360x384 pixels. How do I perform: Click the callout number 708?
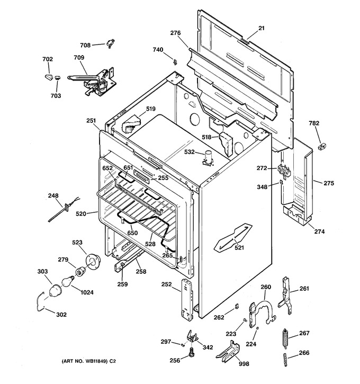click(85, 46)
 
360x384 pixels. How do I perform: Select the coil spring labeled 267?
click(285, 337)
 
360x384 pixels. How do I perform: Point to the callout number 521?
click(239, 248)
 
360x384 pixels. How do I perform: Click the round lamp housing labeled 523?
click(93, 262)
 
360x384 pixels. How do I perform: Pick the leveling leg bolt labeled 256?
click(191, 352)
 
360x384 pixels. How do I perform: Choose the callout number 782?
click(314, 123)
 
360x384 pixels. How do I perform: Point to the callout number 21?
click(262, 28)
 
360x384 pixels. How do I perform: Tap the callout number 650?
click(132, 233)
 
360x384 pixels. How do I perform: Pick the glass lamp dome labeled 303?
click(55, 290)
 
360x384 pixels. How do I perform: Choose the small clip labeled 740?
click(175, 62)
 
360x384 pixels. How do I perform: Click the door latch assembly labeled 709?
click(94, 82)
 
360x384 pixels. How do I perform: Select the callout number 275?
click(329, 183)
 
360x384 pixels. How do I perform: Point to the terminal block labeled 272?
click(284, 170)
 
